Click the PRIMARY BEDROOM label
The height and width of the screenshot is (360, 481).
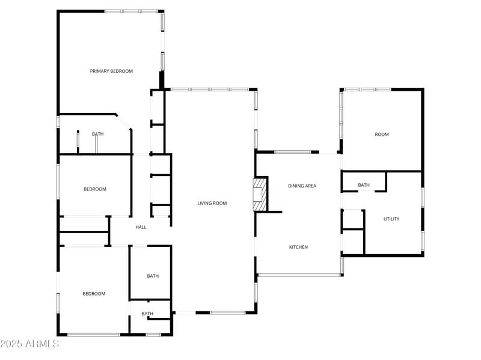coord(111,71)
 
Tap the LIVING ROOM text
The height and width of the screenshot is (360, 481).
coord(212,203)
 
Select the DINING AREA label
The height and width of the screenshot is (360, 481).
coord(302,186)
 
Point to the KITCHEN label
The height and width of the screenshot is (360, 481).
coord(299,247)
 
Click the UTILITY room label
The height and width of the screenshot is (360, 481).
coord(391,219)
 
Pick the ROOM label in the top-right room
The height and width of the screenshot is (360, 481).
coord(382,135)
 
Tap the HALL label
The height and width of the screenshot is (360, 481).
coord(141,227)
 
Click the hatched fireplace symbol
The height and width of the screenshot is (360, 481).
coord(259,194)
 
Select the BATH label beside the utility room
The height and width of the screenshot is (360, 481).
coord(364,185)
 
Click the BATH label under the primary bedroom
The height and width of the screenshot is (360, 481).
coord(97,134)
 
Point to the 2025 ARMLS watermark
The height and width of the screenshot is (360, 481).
coord(29,344)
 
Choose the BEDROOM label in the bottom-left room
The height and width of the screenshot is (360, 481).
coord(94,294)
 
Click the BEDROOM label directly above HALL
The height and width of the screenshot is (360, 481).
coord(94,189)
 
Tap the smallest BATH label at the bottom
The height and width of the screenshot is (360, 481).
coord(147,314)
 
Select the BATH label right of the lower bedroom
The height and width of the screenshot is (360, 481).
coord(153,276)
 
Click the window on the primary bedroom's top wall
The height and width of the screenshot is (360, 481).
coord(131,11)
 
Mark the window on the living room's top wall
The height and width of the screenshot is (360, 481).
coord(209,90)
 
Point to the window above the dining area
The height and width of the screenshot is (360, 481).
coord(293,152)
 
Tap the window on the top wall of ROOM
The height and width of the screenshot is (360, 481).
coord(367,90)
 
